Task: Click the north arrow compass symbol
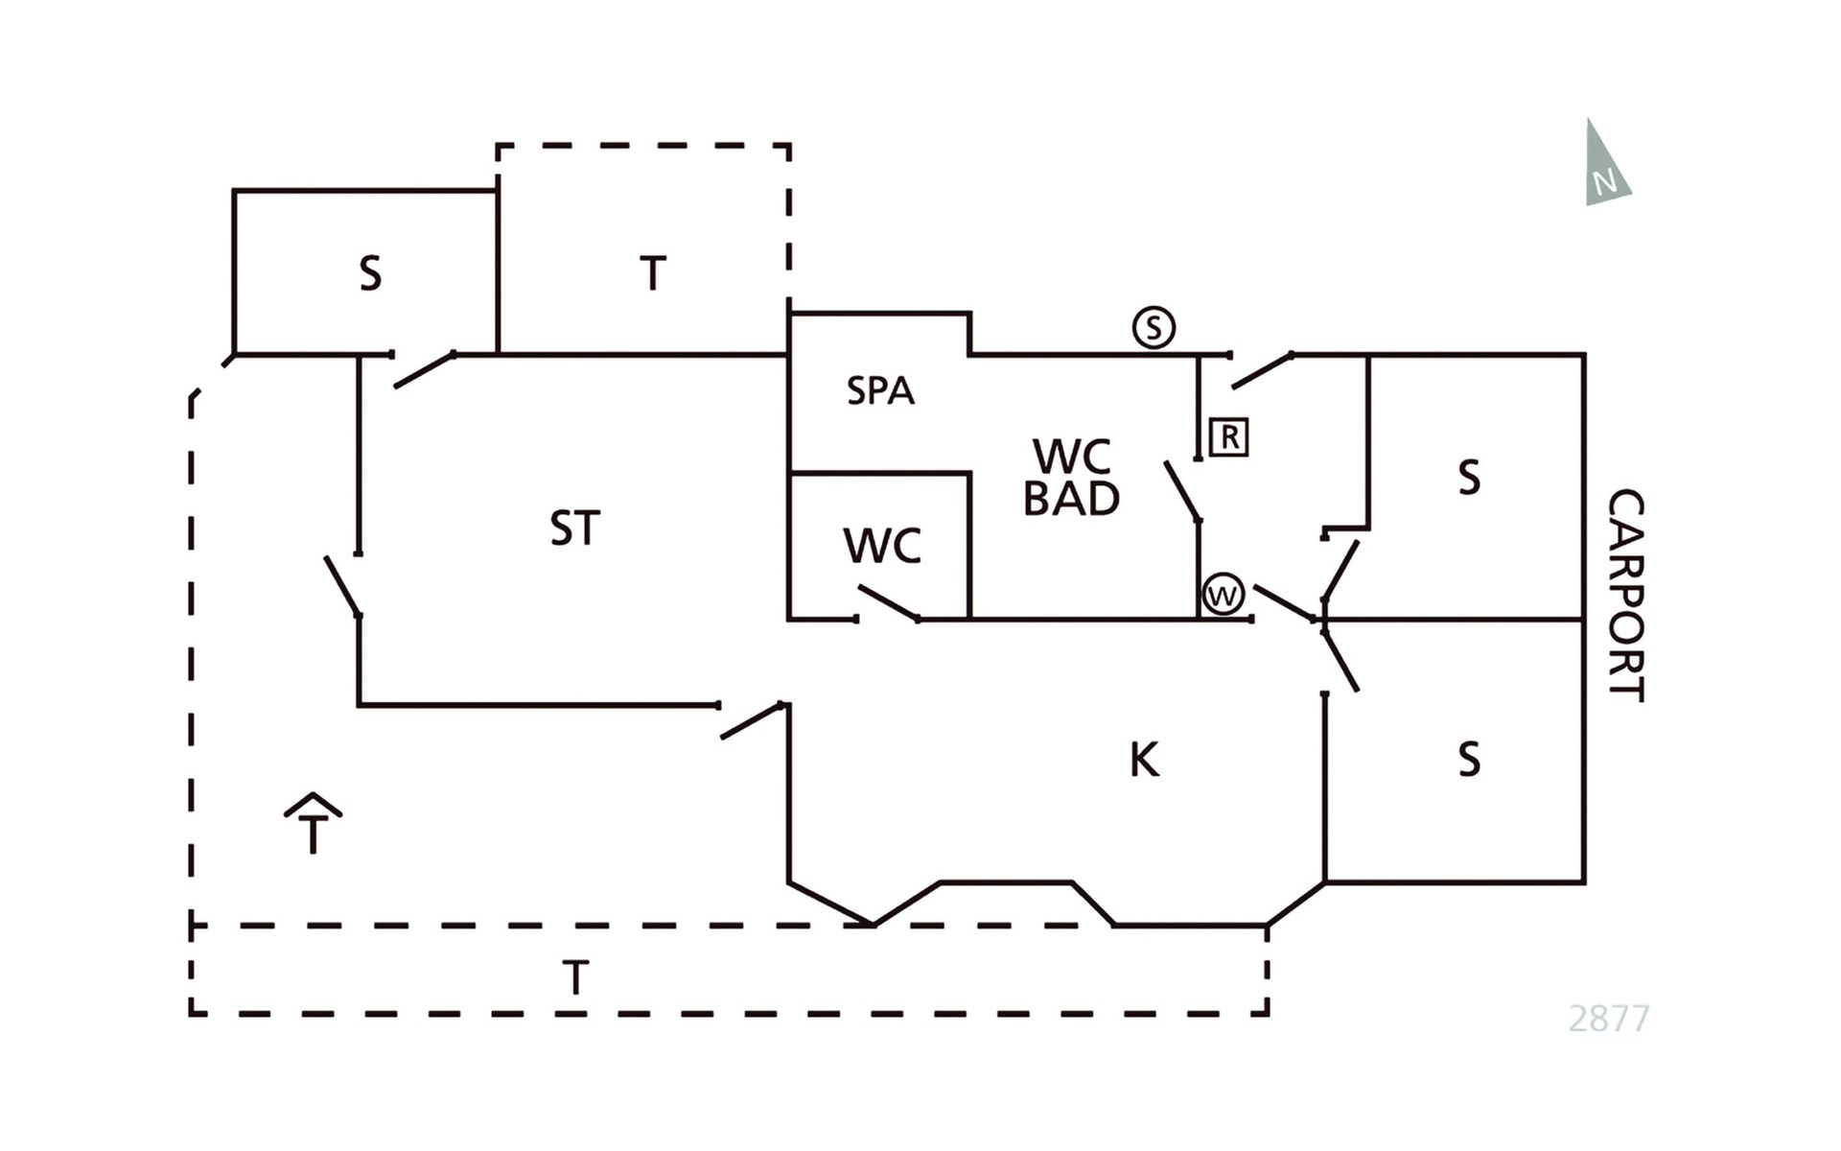click(1605, 166)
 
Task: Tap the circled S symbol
click(1154, 328)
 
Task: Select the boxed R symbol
click(1229, 437)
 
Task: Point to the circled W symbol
click(1223, 595)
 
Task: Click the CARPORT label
click(1626, 595)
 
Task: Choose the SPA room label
click(880, 391)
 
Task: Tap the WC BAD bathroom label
click(1072, 478)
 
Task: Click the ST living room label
click(575, 529)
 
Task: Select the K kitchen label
click(1145, 760)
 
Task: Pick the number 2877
click(1609, 1018)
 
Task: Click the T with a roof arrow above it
click(313, 824)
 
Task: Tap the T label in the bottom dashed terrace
click(575, 978)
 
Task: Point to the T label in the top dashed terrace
click(653, 274)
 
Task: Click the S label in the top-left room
click(370, 274)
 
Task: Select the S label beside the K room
click(1469, 760)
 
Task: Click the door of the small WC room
click(889, 603)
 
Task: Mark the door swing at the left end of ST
click(342, 585)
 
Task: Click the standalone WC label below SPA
click(882, 547)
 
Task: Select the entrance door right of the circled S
click(1262, 371)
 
